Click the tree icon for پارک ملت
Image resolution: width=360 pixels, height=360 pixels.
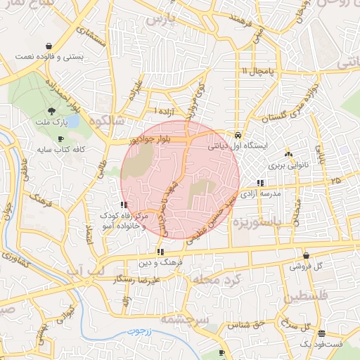click(x=51, y=110)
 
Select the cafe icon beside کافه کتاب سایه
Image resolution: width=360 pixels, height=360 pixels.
click(x=60, y=139)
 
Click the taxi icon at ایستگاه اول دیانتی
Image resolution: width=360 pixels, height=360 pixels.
click(x=238, y=134)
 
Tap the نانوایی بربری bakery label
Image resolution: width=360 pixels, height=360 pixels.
click(x=283, y=167)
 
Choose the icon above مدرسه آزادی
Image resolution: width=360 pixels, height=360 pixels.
click(x=261, y=182)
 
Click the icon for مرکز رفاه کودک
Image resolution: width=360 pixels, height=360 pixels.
click(x=124, y=205)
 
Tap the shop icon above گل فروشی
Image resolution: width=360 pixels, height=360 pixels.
click(x=306, y=255)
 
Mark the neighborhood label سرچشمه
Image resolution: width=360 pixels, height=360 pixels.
click(x=186, y=317)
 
